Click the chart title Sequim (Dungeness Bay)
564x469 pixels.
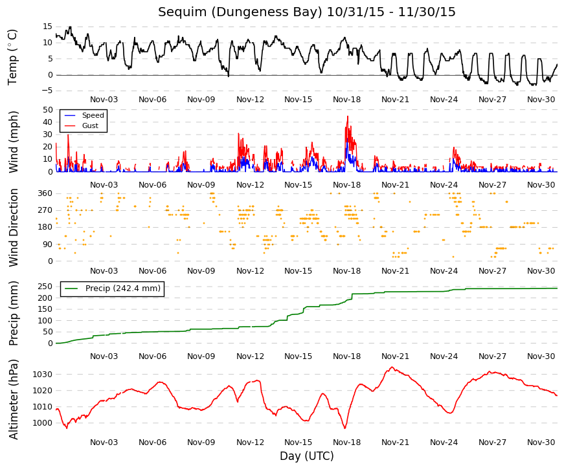point(240,12)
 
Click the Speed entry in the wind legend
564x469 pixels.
point(93,115)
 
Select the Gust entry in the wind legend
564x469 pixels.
point(90,125)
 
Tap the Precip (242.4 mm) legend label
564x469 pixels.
point(123,289)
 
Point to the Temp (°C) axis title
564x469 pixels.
point(13,58)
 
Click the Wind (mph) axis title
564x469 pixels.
point(13,142)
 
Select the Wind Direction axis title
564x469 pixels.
point(13,228)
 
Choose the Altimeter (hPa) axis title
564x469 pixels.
point(13,399)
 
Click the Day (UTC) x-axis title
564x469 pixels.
point(307,456)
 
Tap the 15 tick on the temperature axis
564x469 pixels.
point(47,27)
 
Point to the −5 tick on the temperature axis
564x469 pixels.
point(47,91)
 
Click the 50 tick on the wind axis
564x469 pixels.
point(47,109)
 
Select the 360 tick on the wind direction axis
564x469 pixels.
point(45,193)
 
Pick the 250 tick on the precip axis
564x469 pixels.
point(45,287)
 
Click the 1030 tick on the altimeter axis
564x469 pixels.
point(43,375)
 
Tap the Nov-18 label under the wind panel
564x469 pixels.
point(346,185)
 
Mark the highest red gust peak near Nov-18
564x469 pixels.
point(348,116)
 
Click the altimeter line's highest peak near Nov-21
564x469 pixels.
point(392,367)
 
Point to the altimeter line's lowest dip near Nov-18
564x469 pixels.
point(345,428)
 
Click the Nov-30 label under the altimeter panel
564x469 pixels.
point(541,442)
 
